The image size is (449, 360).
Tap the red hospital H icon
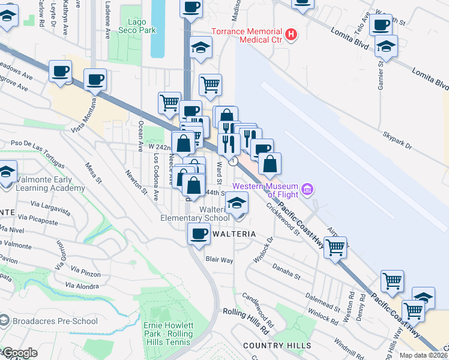pos(291,35)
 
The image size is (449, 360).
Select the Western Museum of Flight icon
pos(308,190)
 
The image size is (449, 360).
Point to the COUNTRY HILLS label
pos(277,346)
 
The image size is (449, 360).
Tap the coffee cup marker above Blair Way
pos(199,235)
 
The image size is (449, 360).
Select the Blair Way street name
pos(219,260)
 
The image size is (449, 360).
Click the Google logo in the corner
pos(20,353)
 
